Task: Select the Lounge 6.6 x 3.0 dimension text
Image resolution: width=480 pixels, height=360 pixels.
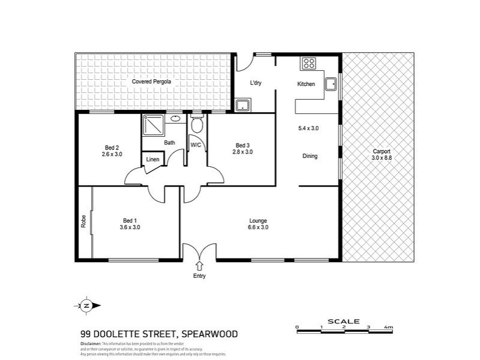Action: [x=258, y=227]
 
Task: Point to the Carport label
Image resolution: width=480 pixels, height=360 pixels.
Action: [x=382, y=151]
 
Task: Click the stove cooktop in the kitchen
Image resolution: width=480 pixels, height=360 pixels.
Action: [x=308, y=62]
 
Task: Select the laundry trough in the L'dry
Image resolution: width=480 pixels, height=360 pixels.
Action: [x=242, y=106]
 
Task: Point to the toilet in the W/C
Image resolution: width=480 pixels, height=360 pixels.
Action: [x=197, y=125]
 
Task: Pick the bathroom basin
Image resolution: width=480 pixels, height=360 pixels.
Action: [x=175, y=119]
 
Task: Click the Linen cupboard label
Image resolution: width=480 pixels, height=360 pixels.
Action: [x=153, y=160]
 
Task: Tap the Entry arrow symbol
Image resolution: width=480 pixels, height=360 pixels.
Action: [x=199, y=266]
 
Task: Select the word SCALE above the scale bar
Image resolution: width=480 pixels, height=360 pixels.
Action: [x=344, y=321]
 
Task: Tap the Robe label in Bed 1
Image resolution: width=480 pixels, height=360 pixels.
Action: [x=83, y=221]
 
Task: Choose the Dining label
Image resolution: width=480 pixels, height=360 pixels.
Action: [x=310, y=157]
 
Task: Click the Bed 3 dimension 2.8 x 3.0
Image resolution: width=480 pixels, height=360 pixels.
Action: [x=242, y=152]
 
